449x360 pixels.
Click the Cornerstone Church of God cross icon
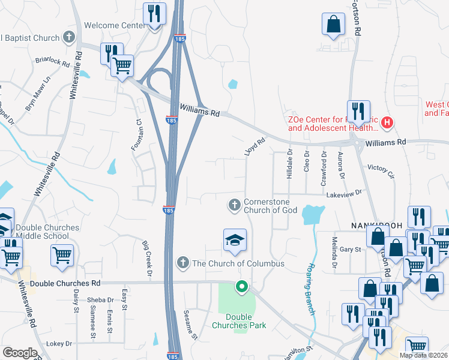(x=234, y=206)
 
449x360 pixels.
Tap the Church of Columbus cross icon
(x=183, y=263)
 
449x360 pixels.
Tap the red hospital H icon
(x=387, y=123)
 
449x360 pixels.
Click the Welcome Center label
(x=115, y=25)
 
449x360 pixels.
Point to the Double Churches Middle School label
(x=47, y=232)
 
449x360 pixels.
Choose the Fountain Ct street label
(x=136, y=134)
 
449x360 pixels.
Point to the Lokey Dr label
(x=59, y=344)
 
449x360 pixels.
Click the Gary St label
(x=349, y=249)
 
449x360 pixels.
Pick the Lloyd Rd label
(x=255, y=147)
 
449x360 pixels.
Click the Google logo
(x=20, y=353)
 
